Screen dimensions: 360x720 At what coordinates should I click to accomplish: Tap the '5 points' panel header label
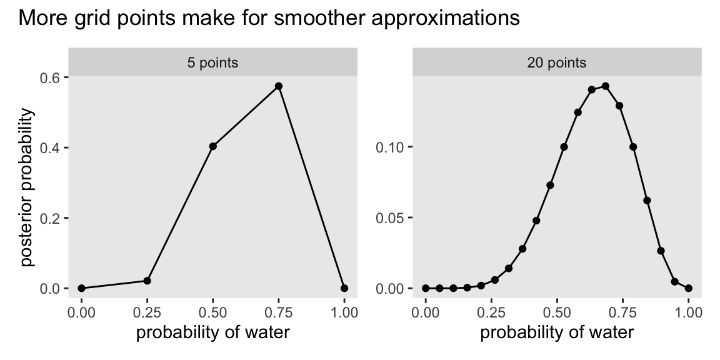point(212,62)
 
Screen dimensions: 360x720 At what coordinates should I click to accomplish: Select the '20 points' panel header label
point(557,62)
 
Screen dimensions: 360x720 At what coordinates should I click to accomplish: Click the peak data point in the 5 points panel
point(279,86)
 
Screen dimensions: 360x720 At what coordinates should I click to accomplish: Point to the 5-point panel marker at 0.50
point(213,146)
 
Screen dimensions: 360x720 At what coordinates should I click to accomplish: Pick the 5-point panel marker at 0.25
point(147,281)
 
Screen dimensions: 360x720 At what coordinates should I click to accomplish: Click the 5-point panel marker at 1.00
point(344,288)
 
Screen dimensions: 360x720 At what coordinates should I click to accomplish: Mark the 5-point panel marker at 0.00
point(82,288)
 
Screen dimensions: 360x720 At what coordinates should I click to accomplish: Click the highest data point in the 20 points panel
point(606,86)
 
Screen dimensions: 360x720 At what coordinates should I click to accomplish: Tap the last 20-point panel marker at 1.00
point(689,288)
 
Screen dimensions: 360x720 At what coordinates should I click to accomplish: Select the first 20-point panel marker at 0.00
point(426,288)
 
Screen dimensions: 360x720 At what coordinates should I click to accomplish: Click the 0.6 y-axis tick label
point(51,77)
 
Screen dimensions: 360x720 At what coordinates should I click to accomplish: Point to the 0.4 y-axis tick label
point(51,147)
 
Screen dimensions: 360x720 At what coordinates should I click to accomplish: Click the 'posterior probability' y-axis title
point(28,187)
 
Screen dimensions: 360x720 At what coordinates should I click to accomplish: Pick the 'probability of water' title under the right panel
point(557,332)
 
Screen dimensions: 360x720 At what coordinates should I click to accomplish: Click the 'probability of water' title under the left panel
point(213,332)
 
